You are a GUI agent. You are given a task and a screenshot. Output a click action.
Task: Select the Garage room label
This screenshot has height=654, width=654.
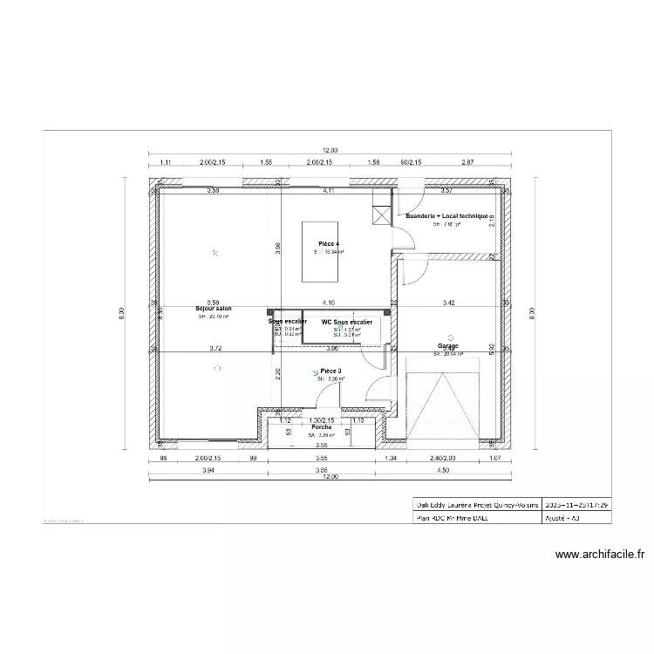pyautogui.click(x=448, y=346)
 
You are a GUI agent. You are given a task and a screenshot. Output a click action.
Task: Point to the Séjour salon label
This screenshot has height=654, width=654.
pyautogui.click(x=214, y=309)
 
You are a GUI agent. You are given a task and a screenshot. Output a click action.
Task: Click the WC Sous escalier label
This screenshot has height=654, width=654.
pyautogui.click(x=346, y=322)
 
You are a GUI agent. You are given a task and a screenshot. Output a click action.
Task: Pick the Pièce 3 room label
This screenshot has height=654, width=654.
pyautogui.click(x=330, y=371)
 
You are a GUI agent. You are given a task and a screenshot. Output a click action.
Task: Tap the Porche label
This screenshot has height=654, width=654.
pyautogui.click(x=322, y=427)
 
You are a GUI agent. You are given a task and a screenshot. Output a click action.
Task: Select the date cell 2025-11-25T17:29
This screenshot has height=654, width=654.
pyautogui.click(x=576, y=505)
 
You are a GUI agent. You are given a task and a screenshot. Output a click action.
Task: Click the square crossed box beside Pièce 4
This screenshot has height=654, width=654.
pyautogui.click(x=380, y=216)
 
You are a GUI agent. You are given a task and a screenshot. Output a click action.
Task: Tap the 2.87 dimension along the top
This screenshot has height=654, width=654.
pyautogui.click(x=467, y=162)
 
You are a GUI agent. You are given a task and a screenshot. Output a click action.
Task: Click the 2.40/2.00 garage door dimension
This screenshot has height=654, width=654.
pyautogui.click(x=443, y=458)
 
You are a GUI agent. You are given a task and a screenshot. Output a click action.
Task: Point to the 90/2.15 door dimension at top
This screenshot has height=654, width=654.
pyautogui.click(x=410, y=162)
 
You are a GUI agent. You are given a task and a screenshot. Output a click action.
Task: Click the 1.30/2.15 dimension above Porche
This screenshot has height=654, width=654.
pyautogui.click(x=321, y=419)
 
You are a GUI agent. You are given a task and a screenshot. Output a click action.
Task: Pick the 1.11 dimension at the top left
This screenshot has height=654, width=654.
pyautogui.click(x=166, y=162)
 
